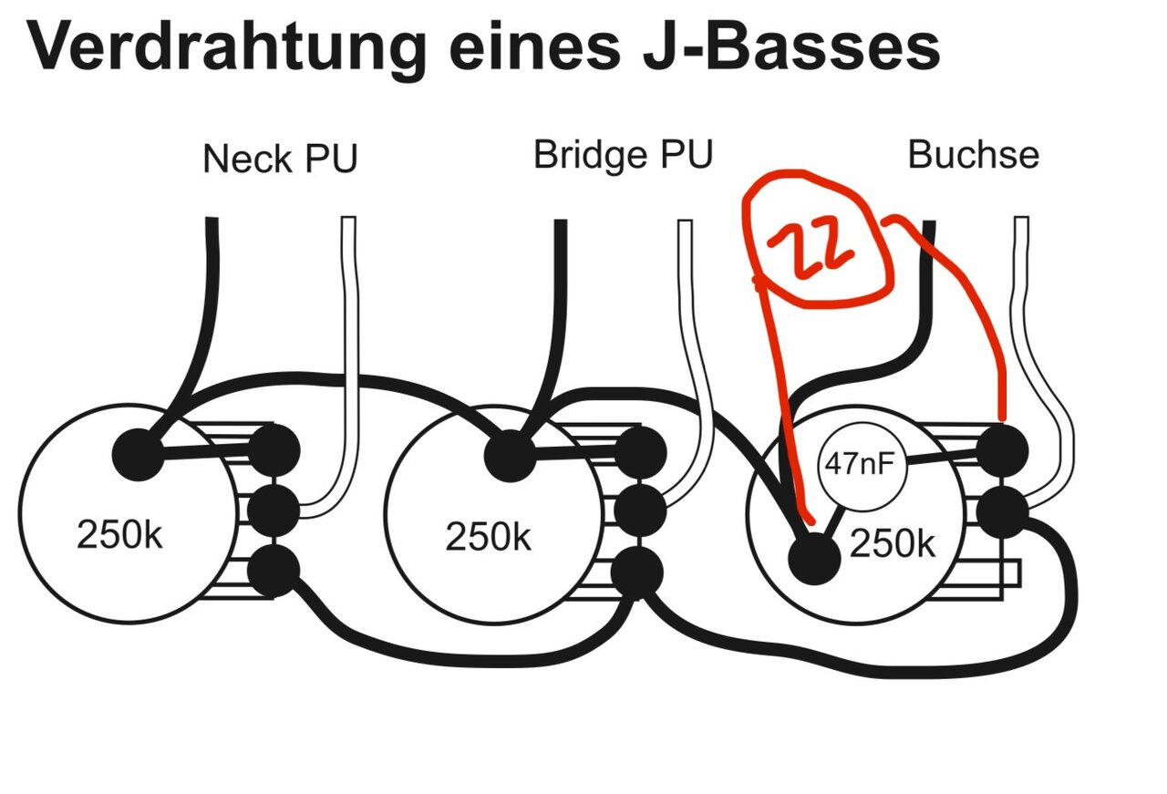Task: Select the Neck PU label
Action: coord(280,159)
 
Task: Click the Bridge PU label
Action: coord(623,155)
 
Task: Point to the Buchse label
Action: coord(973,155)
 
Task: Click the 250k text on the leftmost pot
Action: coord(119,535)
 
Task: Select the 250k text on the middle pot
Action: coord(488,537)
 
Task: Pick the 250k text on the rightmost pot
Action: coord(893,544)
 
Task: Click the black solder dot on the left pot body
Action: coord(139,453)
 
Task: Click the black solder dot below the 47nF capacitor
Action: coord(813,557)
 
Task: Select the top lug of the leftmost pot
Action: coord(274,449)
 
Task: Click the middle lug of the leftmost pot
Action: coord(274,510)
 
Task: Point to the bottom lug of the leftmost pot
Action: coord(274,571)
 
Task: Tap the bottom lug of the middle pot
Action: coord(637,572)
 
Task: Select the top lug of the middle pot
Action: coord(638,451)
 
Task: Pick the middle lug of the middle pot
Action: coord(638,510)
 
